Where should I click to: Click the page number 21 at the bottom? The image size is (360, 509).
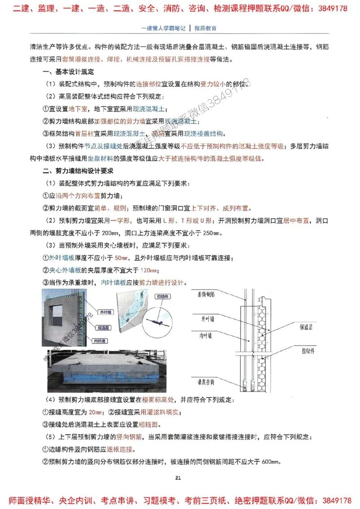178,478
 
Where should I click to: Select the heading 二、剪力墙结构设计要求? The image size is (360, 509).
78,171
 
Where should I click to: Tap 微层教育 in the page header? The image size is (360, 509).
205,28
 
